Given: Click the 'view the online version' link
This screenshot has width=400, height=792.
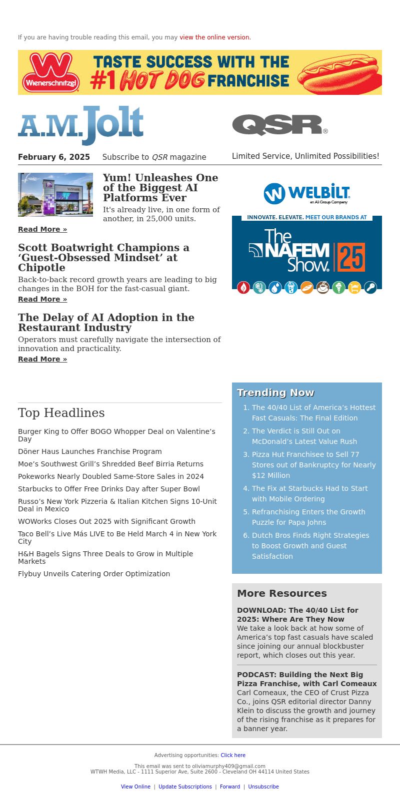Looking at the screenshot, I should click(x=215, y=37).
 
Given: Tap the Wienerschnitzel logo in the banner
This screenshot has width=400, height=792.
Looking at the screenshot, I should click(x=51, y=72).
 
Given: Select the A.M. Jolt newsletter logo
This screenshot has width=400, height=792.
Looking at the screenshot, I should click(x=81, y=125).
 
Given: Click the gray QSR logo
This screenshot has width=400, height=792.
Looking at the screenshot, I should click(x=279, y=125).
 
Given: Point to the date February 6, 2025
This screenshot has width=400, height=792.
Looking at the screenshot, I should click(x=54, y=157).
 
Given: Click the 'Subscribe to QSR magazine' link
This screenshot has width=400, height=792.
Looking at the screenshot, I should click(x=154, y=157).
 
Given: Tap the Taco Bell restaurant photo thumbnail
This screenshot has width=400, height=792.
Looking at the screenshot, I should click(x=55, y=195).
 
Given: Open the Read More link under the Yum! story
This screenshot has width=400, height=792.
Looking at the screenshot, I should click(x=42, y=229).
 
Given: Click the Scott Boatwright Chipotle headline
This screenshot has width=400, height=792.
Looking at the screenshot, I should click(x=103, y=258).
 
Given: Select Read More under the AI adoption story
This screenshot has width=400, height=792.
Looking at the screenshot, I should click(x=42, y=359).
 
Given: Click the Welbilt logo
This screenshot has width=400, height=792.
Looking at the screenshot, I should click(x=307, y=194).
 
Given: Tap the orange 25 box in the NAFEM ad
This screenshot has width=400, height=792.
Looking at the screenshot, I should click(x=351, y=257).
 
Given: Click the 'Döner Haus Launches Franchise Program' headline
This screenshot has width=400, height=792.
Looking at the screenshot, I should click(x=90, y=451).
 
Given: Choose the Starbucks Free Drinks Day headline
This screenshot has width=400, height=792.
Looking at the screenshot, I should click(x=109, y=489).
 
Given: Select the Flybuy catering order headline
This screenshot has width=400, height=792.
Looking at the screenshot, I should click(x=94, y=574).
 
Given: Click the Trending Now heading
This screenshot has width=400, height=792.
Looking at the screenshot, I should click(x=275, y=393).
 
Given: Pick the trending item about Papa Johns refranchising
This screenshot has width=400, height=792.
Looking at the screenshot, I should click(x=308, y=517).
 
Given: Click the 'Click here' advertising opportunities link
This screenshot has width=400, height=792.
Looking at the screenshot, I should click(x=233, y=756).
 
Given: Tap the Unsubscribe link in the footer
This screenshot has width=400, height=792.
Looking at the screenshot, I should click(x=263, y=787).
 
